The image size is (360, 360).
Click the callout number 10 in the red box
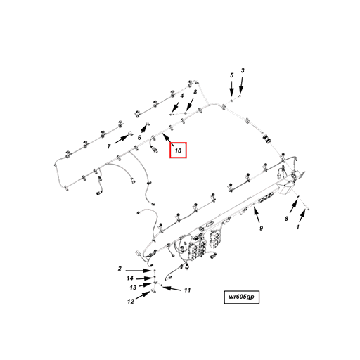tap(178, 150)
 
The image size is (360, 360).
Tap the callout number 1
tap(298, 227)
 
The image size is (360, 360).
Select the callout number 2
tap(120, 269)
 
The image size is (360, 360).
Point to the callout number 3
tap(243, 70)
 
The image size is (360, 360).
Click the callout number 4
tap(181, 96)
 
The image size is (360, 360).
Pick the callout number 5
tap(231, 75)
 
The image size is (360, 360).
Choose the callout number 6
tap(139, 138)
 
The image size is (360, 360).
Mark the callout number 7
tap(109, 147)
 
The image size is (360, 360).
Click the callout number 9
tap(262, 228)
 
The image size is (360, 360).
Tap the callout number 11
tap(187, 290)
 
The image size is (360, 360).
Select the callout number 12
tap(131, 301)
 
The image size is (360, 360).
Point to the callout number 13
tap(133, 288)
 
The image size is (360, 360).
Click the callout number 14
tap(130, 278)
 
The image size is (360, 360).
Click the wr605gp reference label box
tap(242, 297)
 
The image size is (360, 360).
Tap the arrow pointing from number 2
tap(139, 271)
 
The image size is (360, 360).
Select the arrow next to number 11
tap(172, 288)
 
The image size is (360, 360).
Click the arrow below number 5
tap(231, 89)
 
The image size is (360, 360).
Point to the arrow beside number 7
tap(121, 139)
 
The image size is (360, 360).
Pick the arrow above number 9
tap(257, 215)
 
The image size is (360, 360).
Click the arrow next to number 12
tap(143, 295)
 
